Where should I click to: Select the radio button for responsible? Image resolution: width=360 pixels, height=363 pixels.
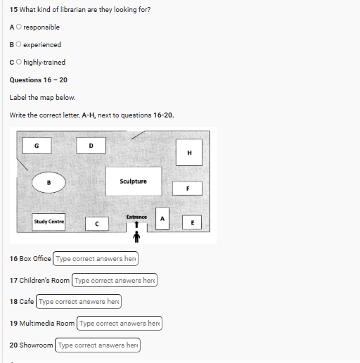[19, 27]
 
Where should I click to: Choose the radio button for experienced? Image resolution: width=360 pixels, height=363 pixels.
[18, 44]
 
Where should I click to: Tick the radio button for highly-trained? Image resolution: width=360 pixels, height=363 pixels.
[19, 62]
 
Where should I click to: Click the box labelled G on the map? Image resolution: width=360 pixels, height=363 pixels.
[37, 146]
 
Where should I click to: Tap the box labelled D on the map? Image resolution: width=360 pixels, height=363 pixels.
[91, 146]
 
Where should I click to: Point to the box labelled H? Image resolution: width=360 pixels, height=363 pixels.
[189, 153]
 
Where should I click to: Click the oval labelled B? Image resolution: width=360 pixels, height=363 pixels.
[49, 182]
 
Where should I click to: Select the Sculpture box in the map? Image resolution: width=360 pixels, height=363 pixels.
[134, 181]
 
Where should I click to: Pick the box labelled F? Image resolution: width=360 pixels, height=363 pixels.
[188, 189]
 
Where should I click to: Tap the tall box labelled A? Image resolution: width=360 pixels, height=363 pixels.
[162, 219]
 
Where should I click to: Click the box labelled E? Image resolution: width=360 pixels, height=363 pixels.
[192, 222]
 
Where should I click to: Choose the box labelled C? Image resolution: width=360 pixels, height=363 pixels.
[97, 224]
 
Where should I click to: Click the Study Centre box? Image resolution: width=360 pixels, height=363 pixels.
[49, 222]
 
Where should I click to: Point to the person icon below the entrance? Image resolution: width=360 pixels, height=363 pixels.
[136, 236]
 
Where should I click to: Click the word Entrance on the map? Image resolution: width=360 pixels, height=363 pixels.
[136, 217]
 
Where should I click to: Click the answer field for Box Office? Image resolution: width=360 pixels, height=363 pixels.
[96, 259]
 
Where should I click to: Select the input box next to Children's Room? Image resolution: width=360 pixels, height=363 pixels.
[115, 280]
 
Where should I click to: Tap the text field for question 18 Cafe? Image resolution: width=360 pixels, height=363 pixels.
[79, 302]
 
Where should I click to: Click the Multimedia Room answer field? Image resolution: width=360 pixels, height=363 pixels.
[120, 324]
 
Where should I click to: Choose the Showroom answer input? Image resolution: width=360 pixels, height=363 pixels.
[98, 345]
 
